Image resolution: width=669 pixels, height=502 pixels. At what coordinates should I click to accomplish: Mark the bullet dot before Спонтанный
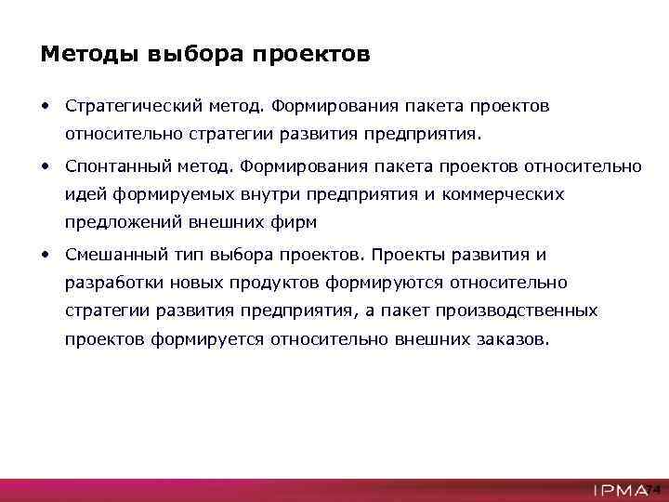click(45, 165)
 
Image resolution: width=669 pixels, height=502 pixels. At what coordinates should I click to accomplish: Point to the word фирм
click(296, 223)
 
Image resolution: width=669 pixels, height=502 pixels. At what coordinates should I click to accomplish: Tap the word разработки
click(109, 282)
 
